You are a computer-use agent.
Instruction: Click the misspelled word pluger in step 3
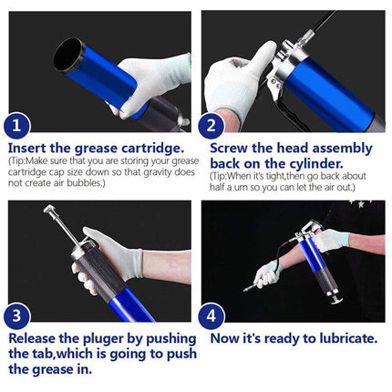pyautogui.click(x=106, y=338)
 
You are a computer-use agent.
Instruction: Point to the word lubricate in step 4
pyautogui.click(x=343, y=338)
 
